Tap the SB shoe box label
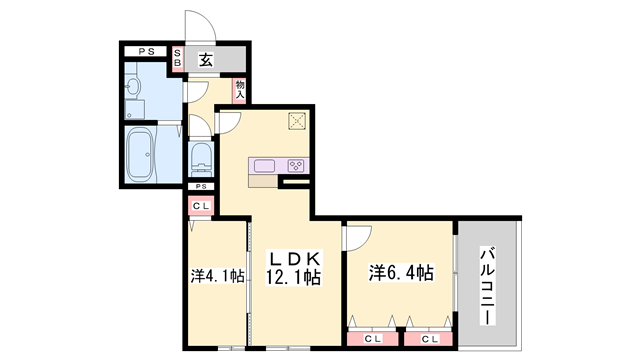(x=178, y=58)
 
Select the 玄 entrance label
(x=205, y=58)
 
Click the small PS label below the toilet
(x=201, y=187)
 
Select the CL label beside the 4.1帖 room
(x=201, y=207)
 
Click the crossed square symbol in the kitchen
(x=297, y=122)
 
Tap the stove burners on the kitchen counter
(x=297, y=165)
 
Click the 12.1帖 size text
(x=291, y=278)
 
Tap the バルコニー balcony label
(x=486, y=284)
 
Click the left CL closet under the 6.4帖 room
(x=372, y=339)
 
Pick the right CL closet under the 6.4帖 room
(x=429, y=339)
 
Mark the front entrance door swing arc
(x=197, y=25)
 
